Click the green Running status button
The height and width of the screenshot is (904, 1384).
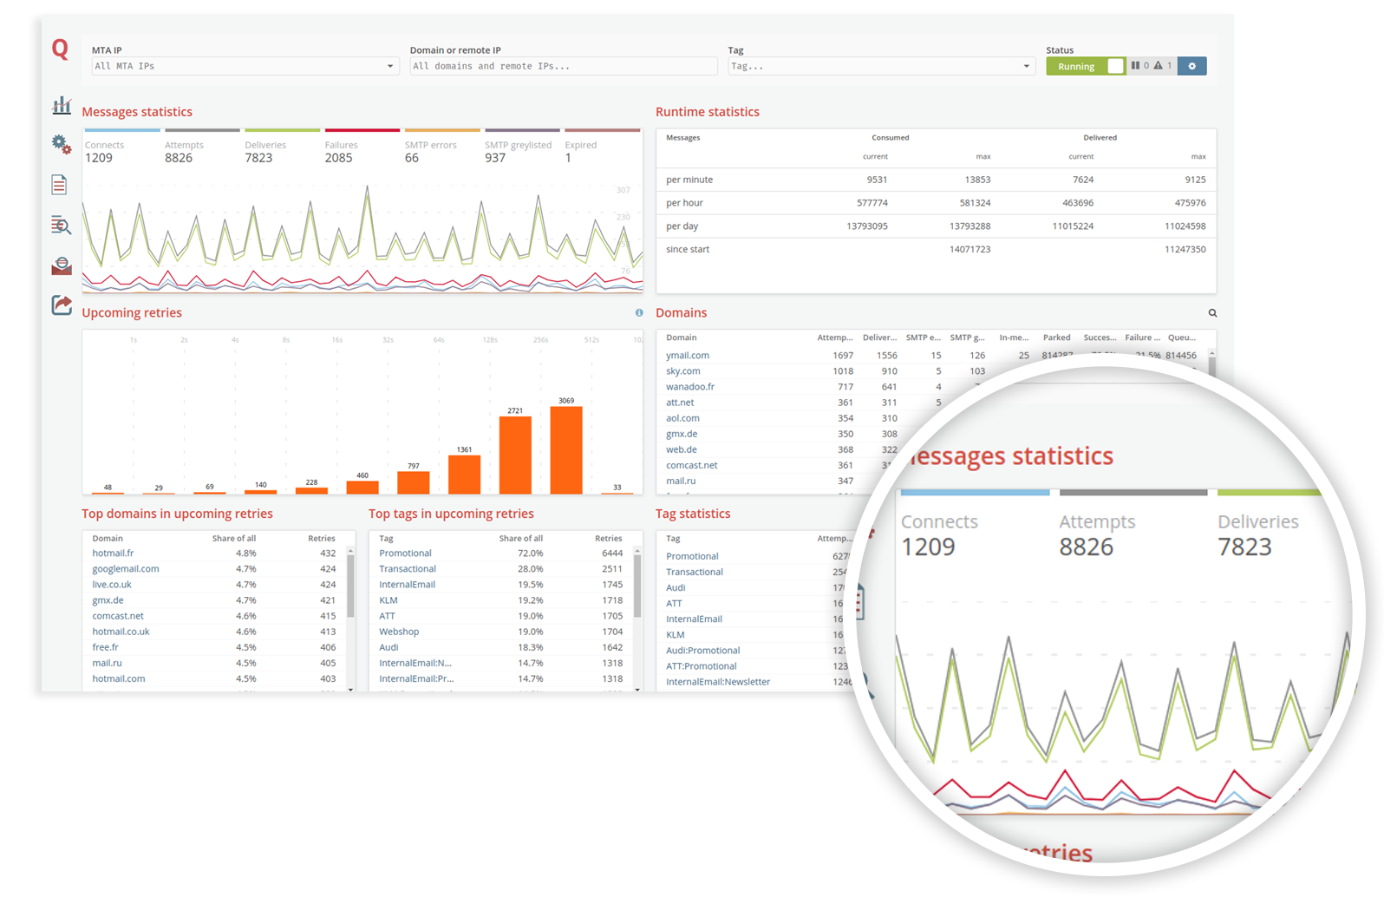(x=1076, y=67)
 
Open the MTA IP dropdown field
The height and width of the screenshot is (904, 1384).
(x=245, y=66)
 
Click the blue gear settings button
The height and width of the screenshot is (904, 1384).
(x=1191, y=66)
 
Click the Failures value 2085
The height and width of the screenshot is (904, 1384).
(x=338, y=158)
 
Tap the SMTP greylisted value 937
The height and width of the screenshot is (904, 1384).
(x=495, y=158)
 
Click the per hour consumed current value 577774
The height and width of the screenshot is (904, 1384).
(x=872, y=203)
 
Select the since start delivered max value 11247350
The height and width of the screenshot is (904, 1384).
(x=1185, y=249)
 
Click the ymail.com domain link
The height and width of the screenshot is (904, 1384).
(x=688, y=356)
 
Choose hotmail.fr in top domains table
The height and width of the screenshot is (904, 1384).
(x=113, y=554)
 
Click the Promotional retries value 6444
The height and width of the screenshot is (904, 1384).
(x=612, y=554)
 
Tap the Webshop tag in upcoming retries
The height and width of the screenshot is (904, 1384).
(x=399, y=632)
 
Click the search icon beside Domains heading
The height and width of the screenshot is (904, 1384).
(x=1212, y=313)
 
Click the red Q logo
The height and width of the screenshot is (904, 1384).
(x=60, y=49)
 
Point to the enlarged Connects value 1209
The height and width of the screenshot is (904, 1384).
(x=928, y=547)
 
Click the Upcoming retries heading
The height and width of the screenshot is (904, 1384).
(x=132, y=313)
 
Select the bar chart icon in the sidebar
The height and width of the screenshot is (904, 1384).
(x=62, y=106)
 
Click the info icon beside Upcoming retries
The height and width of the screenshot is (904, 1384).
(x=639, y=313)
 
